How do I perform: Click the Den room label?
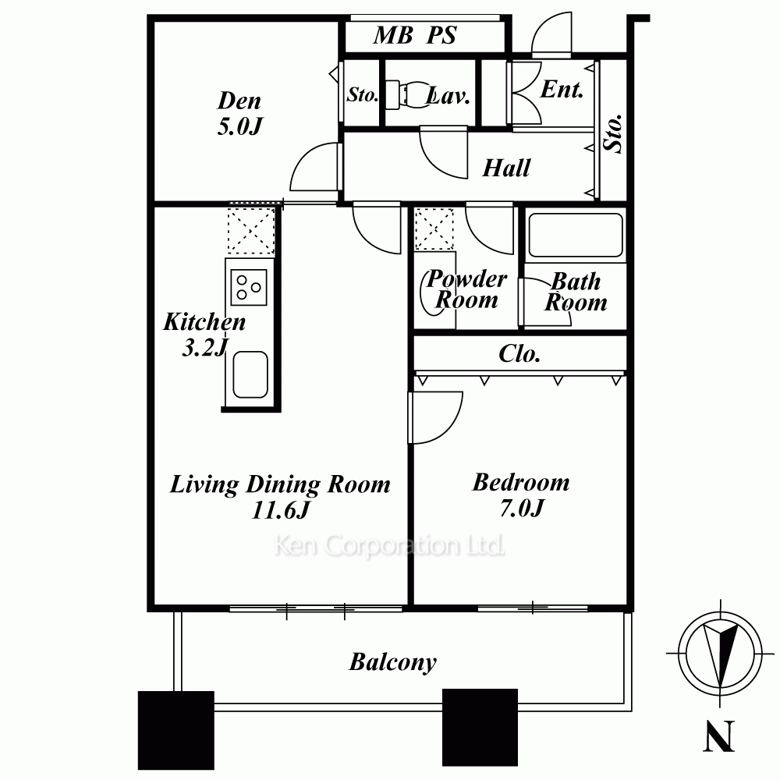[x=239, y=101]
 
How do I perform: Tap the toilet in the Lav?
[x=409, y=94]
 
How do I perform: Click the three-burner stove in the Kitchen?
[x=249, y=287]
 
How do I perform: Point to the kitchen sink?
[x=250, y=374]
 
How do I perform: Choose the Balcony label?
[x=393, y=662]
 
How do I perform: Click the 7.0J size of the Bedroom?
[x=522, y=509]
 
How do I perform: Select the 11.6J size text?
[x=281, y=510]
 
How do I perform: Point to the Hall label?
[x=506, y=168]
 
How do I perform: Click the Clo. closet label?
[x=519, y=354]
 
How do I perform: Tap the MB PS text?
[x=415, y=35]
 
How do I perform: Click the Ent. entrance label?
[x=562, y=90]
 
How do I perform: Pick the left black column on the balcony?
[x=176, y=730]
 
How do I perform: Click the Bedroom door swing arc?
[x=448, y=427]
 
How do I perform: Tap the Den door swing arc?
[x=303, y=158]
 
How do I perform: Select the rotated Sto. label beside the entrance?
[x=613, y=133]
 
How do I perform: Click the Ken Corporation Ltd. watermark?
[x=389, y=546]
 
